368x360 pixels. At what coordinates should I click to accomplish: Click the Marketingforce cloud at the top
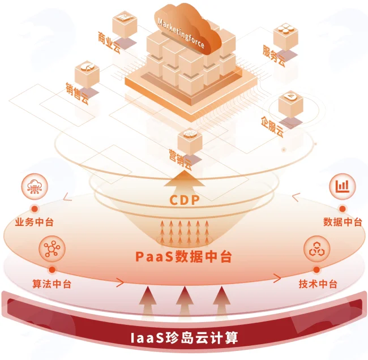[188, 29]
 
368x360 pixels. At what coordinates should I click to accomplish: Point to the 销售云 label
[77, 93]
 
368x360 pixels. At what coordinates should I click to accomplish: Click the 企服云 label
[272, 127]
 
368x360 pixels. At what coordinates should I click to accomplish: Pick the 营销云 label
[180, 160]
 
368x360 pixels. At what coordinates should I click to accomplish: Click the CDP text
[184, 200]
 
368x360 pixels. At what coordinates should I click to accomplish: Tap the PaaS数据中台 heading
[184, 256]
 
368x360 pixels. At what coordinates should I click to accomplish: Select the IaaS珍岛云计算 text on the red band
[184, 338]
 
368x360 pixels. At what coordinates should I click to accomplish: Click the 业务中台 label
[35, 222]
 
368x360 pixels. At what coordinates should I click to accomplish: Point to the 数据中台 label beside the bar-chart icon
[343, 222]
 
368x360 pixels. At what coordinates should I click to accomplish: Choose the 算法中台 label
[52, 284]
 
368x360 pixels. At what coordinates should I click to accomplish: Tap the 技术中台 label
[318, 284]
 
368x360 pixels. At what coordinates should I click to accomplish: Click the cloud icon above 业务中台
[35, 187]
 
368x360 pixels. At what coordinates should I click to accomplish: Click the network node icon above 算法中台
[52, 248]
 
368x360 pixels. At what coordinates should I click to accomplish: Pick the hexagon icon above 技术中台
[316, 248]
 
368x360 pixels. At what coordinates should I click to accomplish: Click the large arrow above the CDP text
[185, 181]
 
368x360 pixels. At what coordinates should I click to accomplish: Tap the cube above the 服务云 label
[285, 36]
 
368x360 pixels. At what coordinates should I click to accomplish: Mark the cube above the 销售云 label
[87, 75]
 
